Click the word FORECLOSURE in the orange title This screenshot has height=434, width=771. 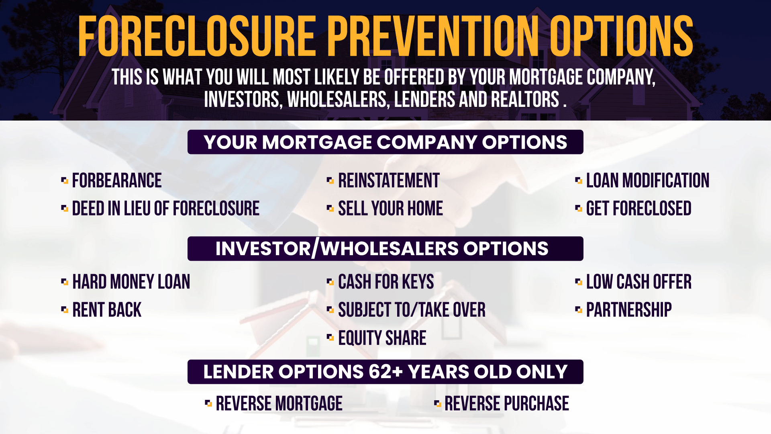tap(197, 36)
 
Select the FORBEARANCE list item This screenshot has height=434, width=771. tap(117, 180)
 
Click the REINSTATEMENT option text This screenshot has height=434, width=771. tap(389, 180)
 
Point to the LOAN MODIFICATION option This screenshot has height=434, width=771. tap(648, 180)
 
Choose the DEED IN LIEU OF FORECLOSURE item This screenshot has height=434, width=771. tap(166, 209)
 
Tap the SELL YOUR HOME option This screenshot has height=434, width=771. tap(390, 209)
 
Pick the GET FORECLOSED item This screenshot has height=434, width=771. tap(639, 209)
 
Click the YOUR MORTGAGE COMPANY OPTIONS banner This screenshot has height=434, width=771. tap(385, 142)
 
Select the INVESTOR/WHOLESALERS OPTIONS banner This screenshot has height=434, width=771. tap(385, 249)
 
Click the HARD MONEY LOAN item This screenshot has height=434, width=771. tap(131, 282)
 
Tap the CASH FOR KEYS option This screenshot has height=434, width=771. tap(386, 282)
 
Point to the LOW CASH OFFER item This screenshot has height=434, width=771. tap(639, 282)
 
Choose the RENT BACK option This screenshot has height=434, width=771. tap(107, 310)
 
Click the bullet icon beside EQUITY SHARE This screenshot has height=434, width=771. tap(330, 338)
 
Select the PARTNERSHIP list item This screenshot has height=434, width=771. tap(629, 310)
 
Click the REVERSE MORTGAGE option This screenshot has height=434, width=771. tap(279, 403)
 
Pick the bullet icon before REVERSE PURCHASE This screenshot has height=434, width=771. tap(438, 403)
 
